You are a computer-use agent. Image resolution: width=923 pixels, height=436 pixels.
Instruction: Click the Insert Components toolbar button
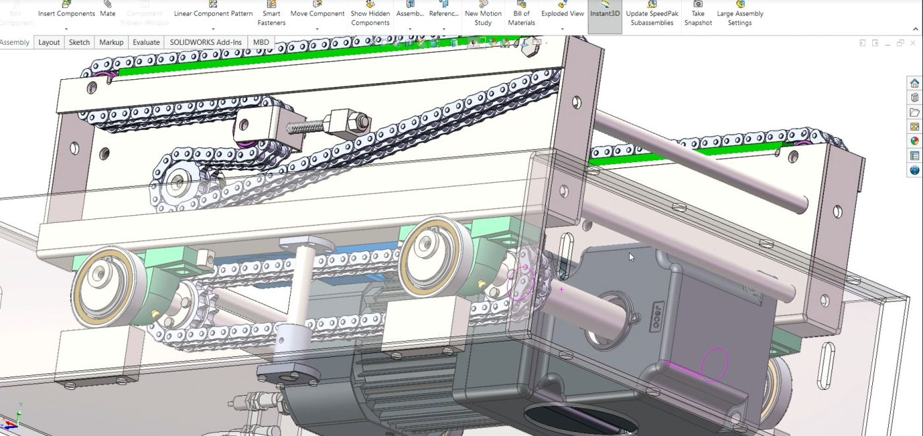[x=66, y=13]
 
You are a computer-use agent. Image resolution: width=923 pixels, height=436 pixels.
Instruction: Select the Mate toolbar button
[x=107, y=13]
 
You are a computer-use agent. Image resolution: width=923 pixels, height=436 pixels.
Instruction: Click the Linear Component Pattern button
[x=213, y=13]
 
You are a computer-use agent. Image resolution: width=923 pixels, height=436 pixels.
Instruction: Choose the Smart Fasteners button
[x=271, y=17]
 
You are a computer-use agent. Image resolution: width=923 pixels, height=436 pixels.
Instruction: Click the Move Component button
[x=317, y=13]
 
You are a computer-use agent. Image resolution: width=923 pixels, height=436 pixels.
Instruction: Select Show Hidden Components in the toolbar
[x=370, y=17]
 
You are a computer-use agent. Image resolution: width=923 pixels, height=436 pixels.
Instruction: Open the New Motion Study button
[x=483, y=17]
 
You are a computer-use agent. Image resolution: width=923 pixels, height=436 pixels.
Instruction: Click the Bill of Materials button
[x=521, y=17]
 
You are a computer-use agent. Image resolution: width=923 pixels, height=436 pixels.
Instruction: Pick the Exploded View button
[x=562, y=13]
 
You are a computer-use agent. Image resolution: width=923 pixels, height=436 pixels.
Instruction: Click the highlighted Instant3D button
[x=605, y=13]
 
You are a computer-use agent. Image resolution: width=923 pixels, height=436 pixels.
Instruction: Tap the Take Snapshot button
[x=698, y=17]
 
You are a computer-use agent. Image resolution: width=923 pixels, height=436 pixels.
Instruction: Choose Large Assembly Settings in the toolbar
[x=740, y=17]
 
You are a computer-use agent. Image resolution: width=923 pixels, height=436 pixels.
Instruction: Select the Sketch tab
[x=79, y=42]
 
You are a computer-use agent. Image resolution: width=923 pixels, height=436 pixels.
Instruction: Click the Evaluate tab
[x=146, y=42]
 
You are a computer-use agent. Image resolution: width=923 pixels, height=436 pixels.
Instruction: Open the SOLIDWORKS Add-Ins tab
[x=206, y=42]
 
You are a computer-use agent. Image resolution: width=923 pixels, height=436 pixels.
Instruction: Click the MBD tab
[x=261, y=42]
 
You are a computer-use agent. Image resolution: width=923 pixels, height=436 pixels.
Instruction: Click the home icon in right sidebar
[x=914, y=83]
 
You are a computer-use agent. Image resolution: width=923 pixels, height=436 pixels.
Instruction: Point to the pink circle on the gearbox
[x=714, y=363]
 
